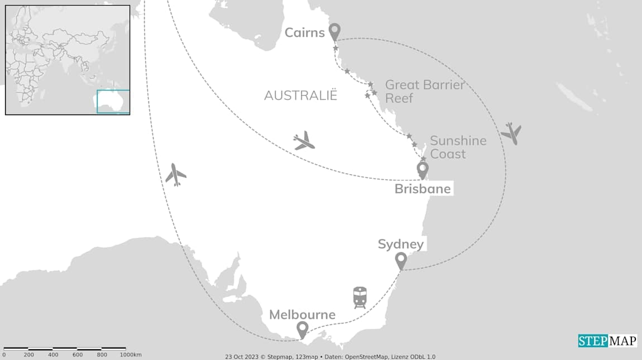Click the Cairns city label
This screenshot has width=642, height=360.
[304, 32]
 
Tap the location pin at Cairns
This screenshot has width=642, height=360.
[334, 32]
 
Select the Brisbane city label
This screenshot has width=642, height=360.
[422, 189]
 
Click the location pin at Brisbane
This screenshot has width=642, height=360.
[423, 169]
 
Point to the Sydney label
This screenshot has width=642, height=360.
[400, 244]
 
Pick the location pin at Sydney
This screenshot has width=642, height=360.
[400, 260]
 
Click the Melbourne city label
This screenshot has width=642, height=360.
[302, 315]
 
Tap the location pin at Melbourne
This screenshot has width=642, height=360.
[302, 329]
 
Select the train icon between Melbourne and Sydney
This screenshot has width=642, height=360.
[360, 297]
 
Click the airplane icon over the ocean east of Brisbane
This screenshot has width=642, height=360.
[511, 133]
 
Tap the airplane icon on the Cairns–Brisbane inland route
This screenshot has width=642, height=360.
[304, 141]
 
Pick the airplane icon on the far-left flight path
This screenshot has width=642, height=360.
[176, 175]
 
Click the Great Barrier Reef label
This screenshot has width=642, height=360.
[424, 92]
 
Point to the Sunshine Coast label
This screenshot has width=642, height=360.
[458, 147]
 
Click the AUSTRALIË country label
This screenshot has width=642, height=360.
[301, 95]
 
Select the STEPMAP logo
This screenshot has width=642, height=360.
[607, 340]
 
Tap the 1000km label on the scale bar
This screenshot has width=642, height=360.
[130, 355]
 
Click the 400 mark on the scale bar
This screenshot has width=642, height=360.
[53, 355]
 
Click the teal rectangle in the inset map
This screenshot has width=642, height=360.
[113, 102]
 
